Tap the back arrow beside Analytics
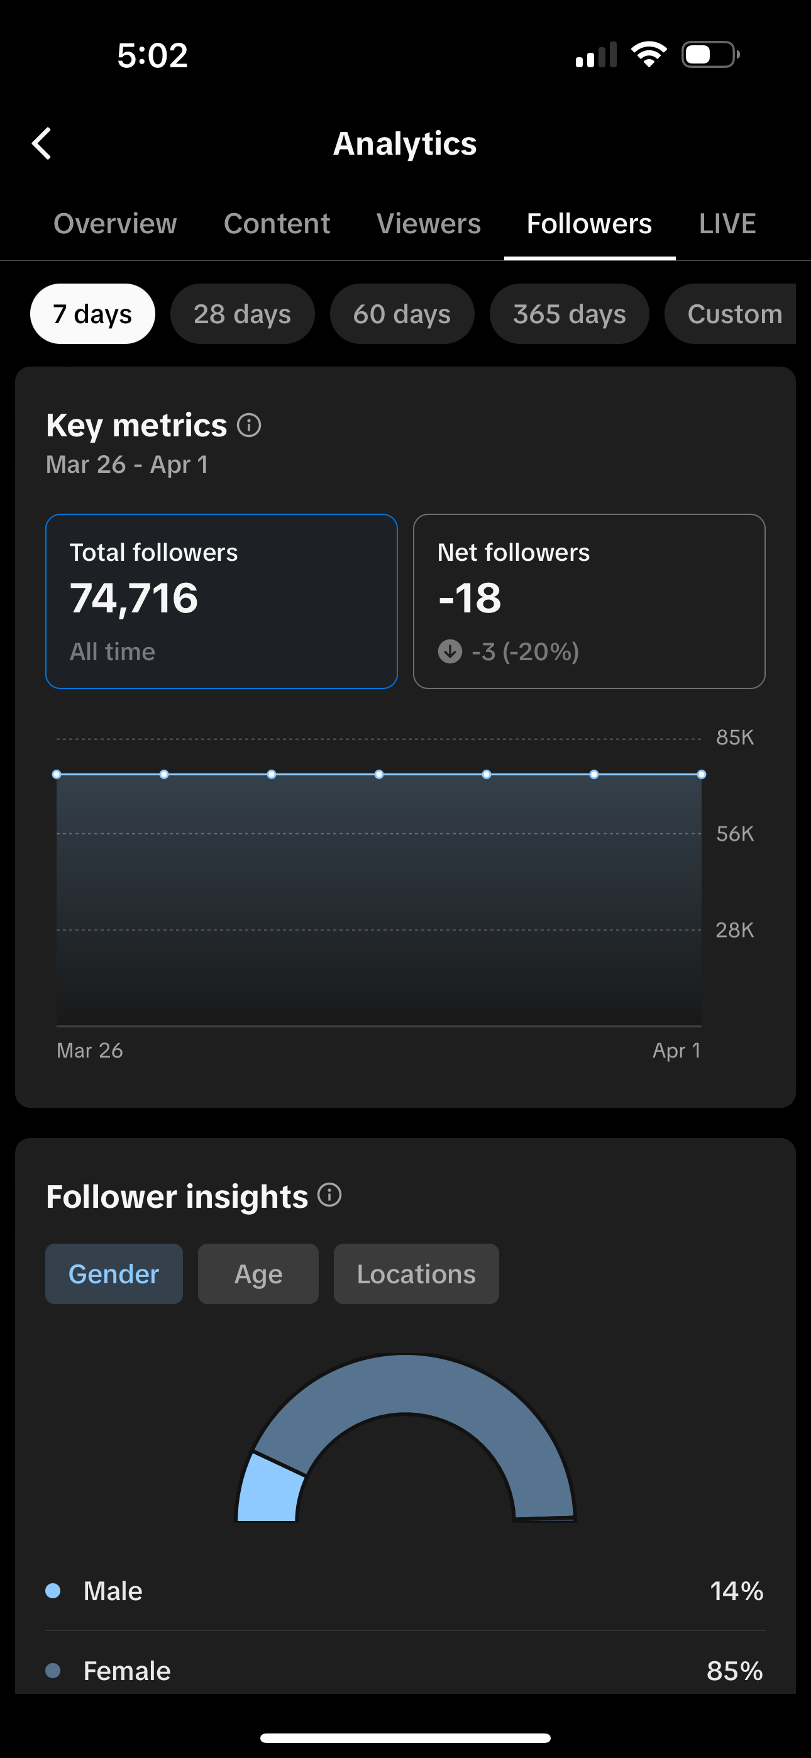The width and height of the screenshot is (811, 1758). pyautogui.click(x=42, y=143)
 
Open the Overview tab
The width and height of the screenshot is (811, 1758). pyautogui.click(x=114, y=224)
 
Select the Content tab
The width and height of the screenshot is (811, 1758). pyautogui.click(x=277, y=224)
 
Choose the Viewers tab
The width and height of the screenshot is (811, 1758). pyautogui.click(x=429, y=224)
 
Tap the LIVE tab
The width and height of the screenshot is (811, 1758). pyautogui.click(x=727, y=224)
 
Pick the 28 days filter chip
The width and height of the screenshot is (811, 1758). pyautogui.click(x=242, y=314)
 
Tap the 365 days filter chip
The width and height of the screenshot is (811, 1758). pyautogui.click(x=570, y=314)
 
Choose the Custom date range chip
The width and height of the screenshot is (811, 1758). pyautogui.click(x=734, y=314)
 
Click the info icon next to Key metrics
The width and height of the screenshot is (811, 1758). pyautogui.click(x=249, y=425)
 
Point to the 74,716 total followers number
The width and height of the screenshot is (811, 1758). pyautogui.click(x=134, y=599)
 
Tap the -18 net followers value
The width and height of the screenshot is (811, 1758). pyautogui.click(x=470, y=599)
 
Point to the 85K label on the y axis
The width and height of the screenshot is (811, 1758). pyautogui.click(x=734, y=737)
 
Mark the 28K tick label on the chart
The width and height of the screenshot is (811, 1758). pyautogui.click(x=734, y=929)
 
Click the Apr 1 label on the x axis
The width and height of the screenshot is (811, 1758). pyautogui.click(x=676, y=1050)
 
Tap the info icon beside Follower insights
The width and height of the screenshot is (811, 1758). pyautogui.click(x=329, y=1195)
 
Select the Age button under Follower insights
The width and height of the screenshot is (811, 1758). pyautogui.click(x=258, y=1274)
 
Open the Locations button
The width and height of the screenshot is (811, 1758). pyautogui.click(x=416, y=1274)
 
